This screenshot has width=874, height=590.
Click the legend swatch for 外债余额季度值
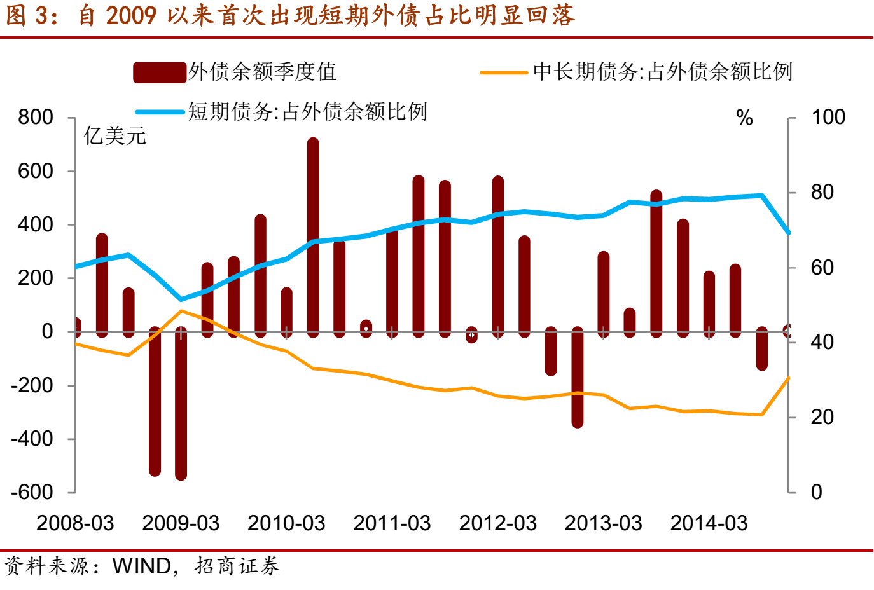159,72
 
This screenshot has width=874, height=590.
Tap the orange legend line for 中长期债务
504,72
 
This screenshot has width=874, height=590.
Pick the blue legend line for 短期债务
160,112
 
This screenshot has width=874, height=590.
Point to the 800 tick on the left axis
36,117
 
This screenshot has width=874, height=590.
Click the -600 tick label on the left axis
32,492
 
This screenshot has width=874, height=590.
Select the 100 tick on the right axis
828,117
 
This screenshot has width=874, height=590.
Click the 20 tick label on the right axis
822,417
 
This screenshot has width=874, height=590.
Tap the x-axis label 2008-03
75,523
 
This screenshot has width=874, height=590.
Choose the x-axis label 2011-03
392,523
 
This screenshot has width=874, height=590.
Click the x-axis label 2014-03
709,523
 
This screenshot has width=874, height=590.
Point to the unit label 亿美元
115,135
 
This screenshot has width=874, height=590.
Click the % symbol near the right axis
744,118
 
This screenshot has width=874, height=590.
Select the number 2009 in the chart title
131,15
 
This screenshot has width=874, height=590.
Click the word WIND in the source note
141,566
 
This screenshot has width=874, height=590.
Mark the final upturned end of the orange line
789,378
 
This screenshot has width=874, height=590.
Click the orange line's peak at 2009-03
181,311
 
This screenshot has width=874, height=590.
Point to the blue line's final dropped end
789,233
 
